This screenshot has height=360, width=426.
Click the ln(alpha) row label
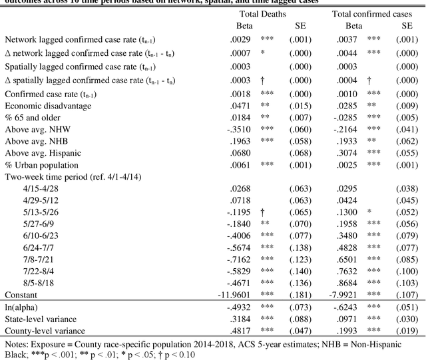(22, 307)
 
